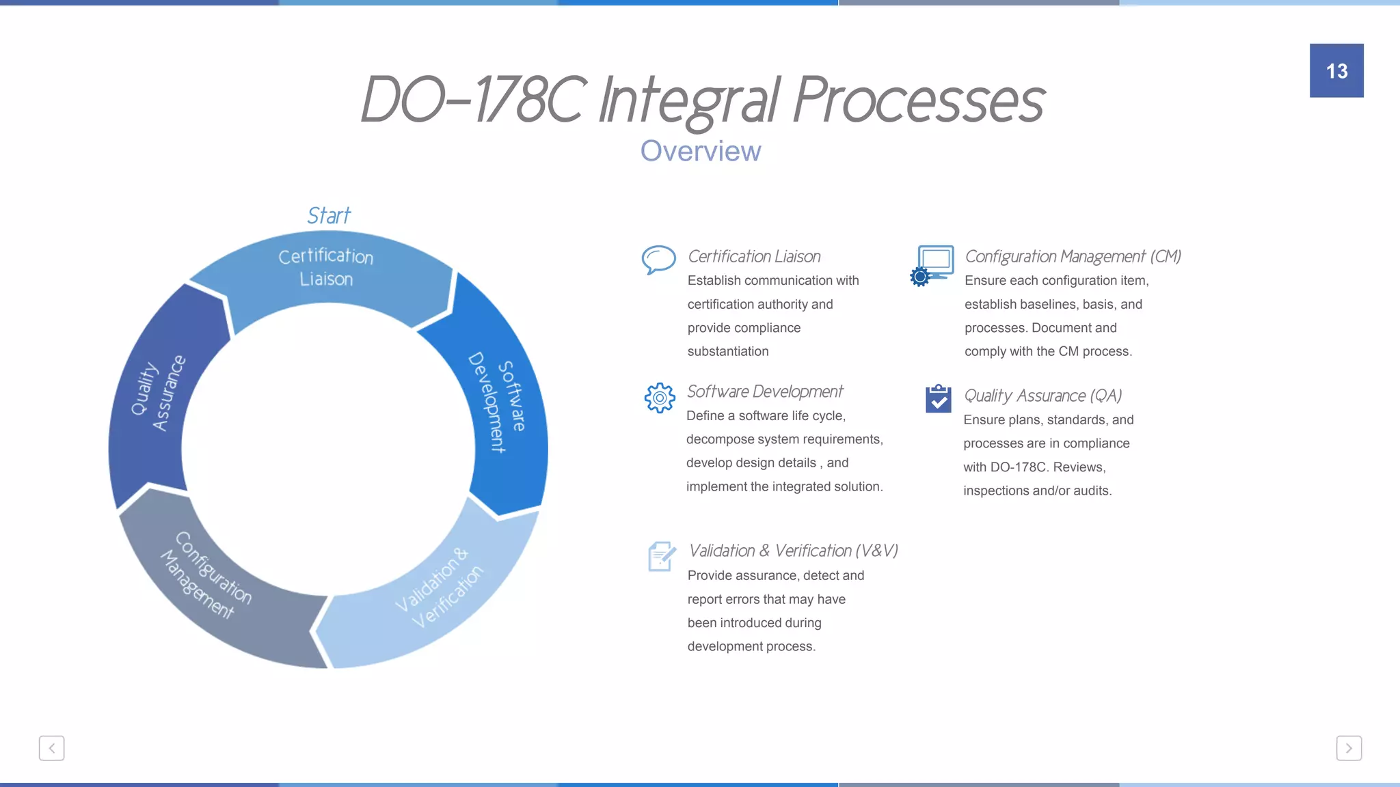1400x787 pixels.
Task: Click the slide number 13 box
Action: pos(1336,70)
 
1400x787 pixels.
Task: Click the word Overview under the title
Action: pos(701,151)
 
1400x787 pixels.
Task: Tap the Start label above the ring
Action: pos(329,216)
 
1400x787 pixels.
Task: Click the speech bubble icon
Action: pos(659,260)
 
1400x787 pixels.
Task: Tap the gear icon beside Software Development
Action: pos(660,398)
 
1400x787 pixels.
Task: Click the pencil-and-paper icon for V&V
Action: pos(661,556)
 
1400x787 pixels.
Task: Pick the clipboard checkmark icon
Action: pos(939,399)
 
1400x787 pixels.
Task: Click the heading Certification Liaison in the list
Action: pos(754,256)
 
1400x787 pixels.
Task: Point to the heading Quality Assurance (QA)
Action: pos(1042,396)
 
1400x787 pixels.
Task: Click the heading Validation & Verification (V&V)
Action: pos(793,551)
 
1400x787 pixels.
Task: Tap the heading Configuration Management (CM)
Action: pos(1073,256)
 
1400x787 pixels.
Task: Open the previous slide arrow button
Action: pos(52,748)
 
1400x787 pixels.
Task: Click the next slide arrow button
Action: pos(1349,748)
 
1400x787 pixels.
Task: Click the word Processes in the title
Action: pos(919,100)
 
